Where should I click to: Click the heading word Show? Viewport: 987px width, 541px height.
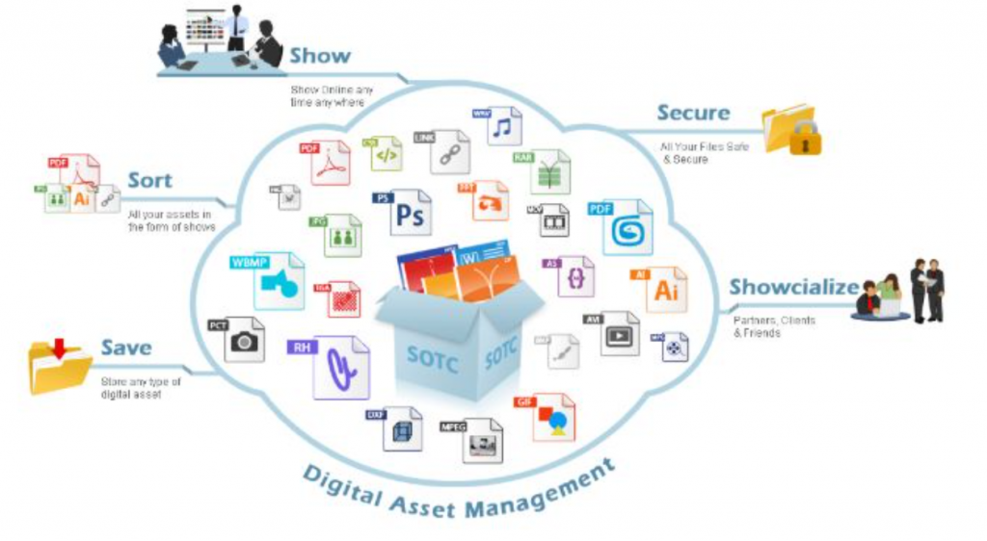(x=320, y=55)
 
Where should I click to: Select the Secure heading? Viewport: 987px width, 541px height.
(x=693, y=113)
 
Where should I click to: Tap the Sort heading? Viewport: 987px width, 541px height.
(x=149, y=180)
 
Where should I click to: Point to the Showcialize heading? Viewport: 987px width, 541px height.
(x=793, y=287)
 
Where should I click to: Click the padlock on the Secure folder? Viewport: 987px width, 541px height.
(x=806, y=141)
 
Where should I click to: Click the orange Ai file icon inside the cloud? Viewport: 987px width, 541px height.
(x=665, y=289)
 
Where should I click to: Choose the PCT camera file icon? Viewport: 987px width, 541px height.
(x=244, y=339)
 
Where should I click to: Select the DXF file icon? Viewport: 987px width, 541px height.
(x=402, y=428)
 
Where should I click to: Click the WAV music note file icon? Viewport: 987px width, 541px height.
(x=501, y=128)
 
